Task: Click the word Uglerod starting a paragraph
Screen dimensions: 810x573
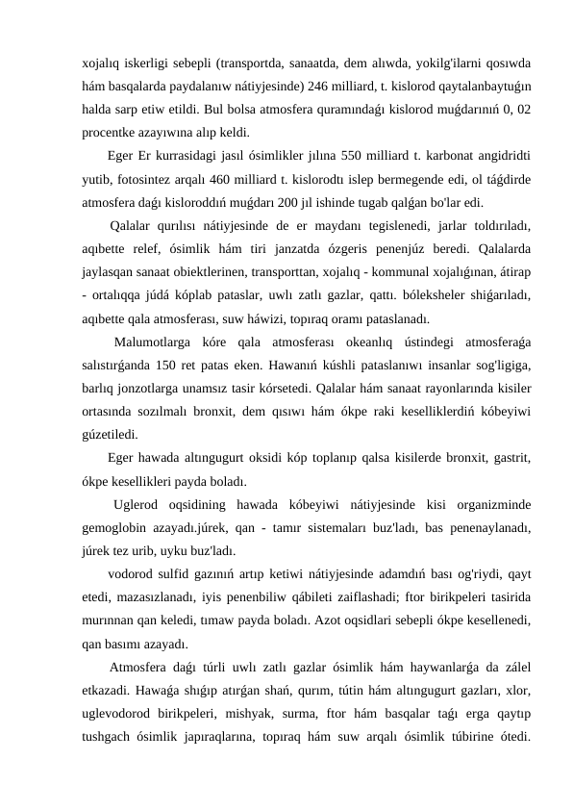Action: click(137, 503)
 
